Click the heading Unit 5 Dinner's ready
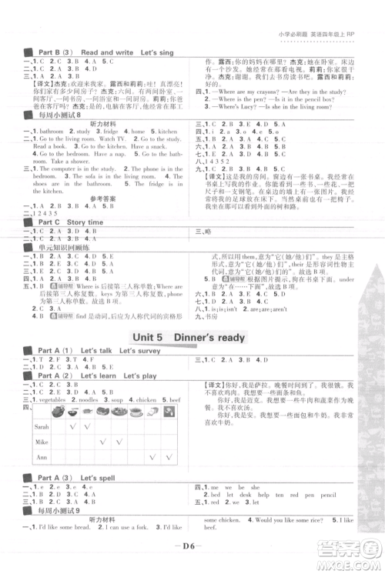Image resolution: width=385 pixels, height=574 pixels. coord(189,337)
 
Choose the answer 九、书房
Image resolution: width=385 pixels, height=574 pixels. coord(206,315)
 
